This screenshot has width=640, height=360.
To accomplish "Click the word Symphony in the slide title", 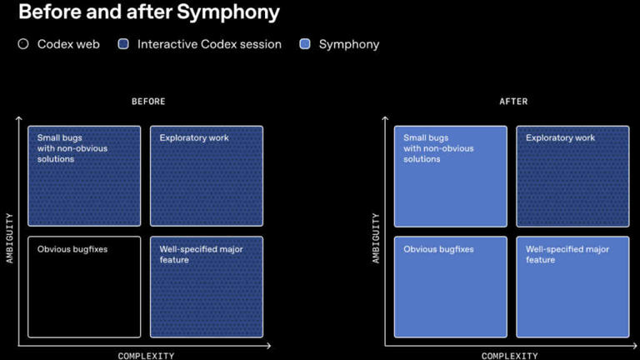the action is [x=228, y=12].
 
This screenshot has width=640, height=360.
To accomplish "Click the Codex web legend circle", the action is [x=23, y=44].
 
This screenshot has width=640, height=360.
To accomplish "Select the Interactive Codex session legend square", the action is [x=123, y=44].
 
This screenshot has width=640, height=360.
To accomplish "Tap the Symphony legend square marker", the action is [x=305, y=44].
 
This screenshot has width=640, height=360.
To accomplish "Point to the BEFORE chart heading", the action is [x=148, y=101].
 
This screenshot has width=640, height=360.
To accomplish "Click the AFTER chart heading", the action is [x=513, y=101].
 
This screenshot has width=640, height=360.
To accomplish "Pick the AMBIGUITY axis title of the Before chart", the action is [x=9, y=238].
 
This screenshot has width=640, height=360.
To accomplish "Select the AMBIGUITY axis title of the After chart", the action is [x=376, y=238].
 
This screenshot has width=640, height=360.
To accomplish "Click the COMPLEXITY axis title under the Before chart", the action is [x=146, y=356].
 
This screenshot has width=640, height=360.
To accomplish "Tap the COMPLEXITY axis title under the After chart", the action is [x=509, y=356].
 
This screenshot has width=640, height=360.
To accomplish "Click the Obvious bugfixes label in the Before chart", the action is [x=72, y=249].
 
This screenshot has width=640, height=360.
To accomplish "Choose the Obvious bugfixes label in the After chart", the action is [x=439, y=249].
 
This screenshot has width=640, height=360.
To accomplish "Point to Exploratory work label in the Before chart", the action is [x=194, y=138].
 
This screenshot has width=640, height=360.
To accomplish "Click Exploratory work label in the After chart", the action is [x=560, y=138].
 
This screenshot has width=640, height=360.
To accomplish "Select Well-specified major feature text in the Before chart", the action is [x=201, y=255].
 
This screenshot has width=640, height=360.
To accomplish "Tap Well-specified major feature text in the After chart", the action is [x=567, y=255].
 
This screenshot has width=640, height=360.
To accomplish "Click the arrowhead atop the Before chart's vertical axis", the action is [x=19, y=118].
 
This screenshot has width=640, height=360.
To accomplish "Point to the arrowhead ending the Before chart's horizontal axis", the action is [x=268, y=346].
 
